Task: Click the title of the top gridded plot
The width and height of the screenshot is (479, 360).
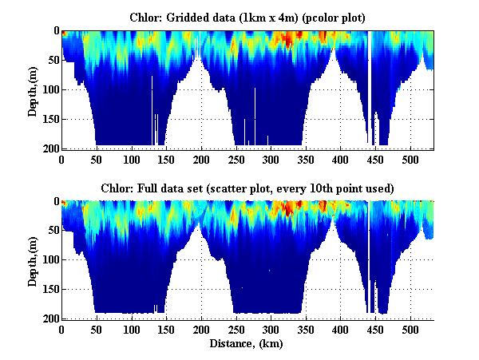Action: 247,17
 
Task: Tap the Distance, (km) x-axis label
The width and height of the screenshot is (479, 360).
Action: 247,344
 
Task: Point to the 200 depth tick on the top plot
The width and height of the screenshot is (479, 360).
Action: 49,148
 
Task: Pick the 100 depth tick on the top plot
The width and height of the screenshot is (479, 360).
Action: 49,89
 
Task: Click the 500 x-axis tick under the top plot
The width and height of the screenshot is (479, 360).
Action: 410,159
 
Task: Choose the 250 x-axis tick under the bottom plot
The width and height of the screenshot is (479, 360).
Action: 236,329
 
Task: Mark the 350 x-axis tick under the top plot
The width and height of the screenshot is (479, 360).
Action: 306,159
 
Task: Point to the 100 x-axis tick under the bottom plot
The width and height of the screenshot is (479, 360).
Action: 131,329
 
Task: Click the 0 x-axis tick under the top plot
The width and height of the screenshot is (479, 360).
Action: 61,159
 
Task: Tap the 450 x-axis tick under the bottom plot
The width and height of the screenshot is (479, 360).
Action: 375,329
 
